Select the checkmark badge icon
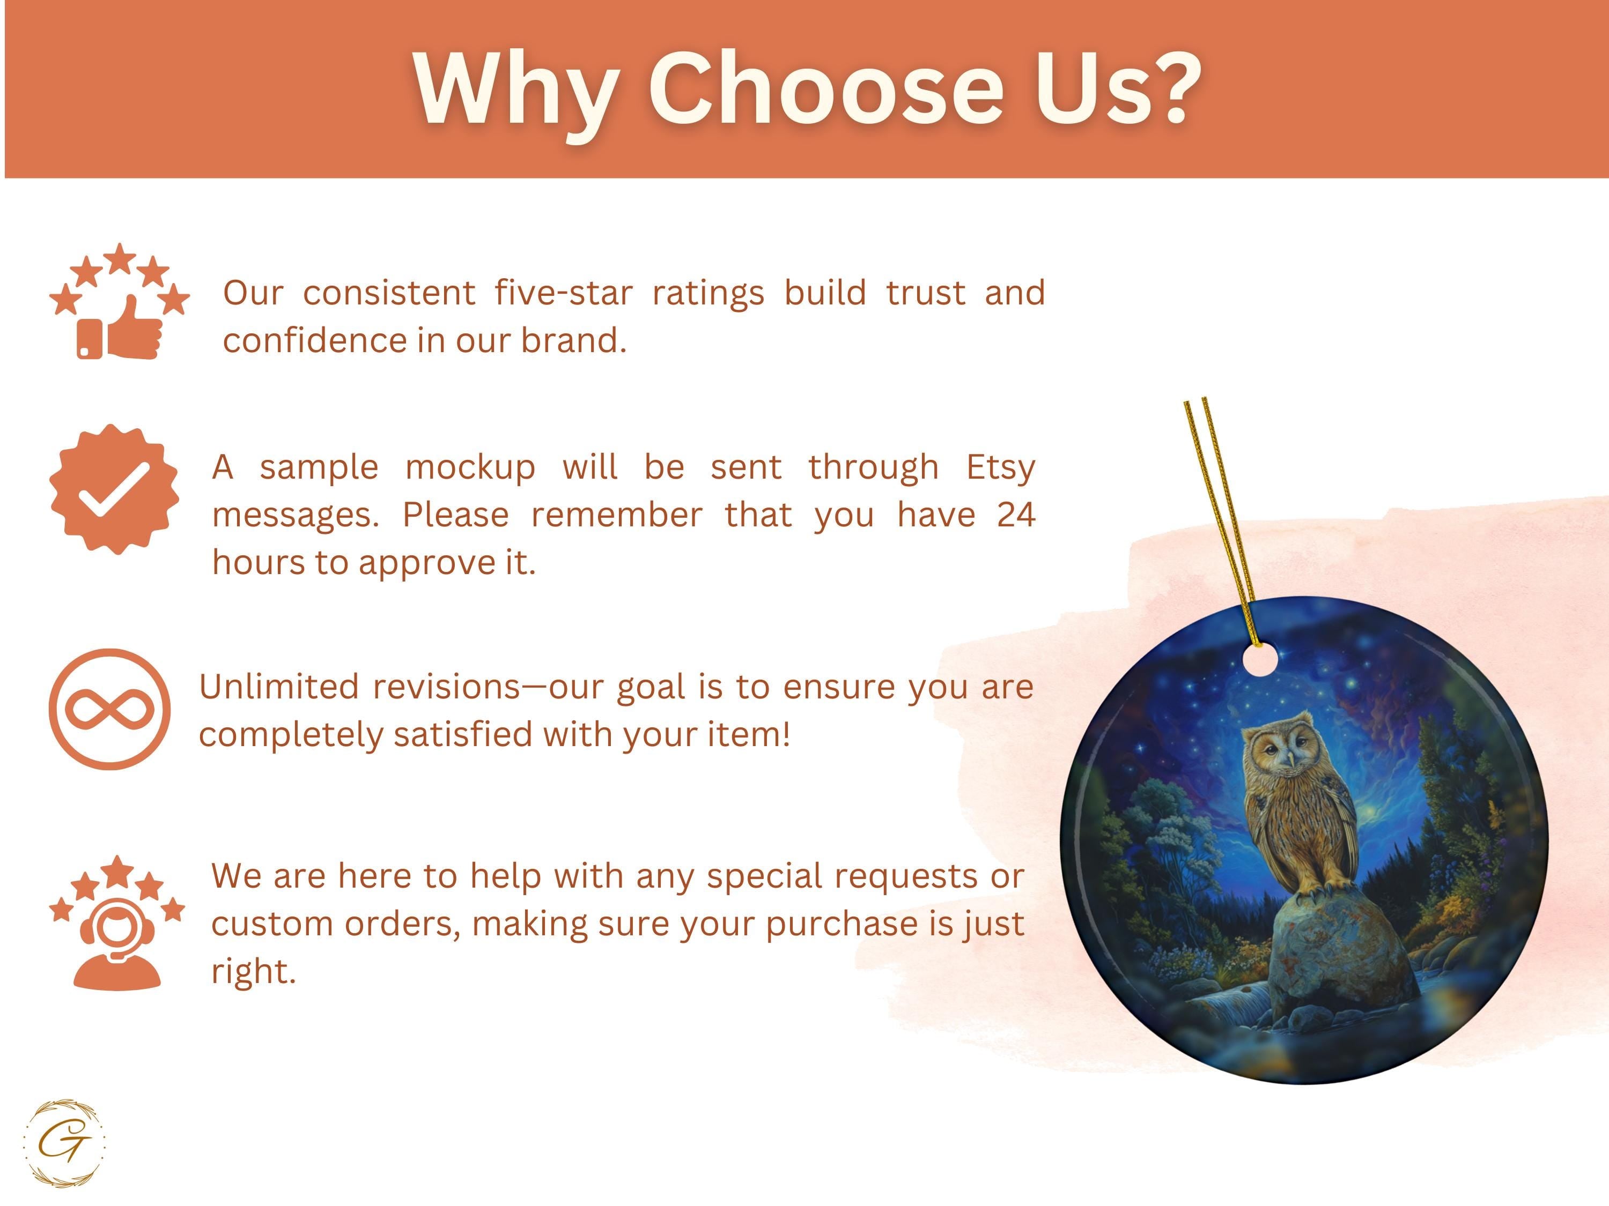click(x=114, y=489)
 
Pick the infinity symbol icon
click(x=110, y=709)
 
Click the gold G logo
click(x=64, y=1143)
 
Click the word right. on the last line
click(x=254, y=972)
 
